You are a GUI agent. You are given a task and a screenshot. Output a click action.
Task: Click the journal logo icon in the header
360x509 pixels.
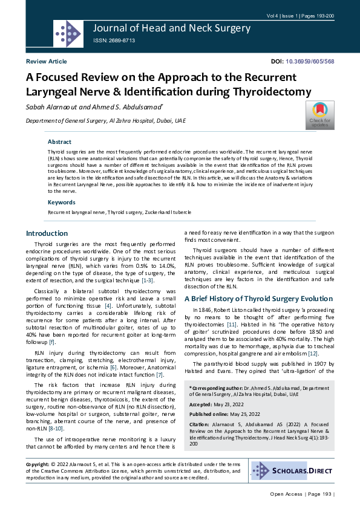point(68,33)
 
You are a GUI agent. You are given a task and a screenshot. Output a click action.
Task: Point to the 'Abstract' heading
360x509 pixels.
point(59,141)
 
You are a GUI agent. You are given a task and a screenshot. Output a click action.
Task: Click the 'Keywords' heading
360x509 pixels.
point(61,202)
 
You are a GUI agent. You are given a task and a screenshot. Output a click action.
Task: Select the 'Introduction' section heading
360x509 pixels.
point(47,233)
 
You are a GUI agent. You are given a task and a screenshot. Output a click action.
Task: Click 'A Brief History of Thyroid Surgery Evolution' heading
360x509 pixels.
point(258,299)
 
